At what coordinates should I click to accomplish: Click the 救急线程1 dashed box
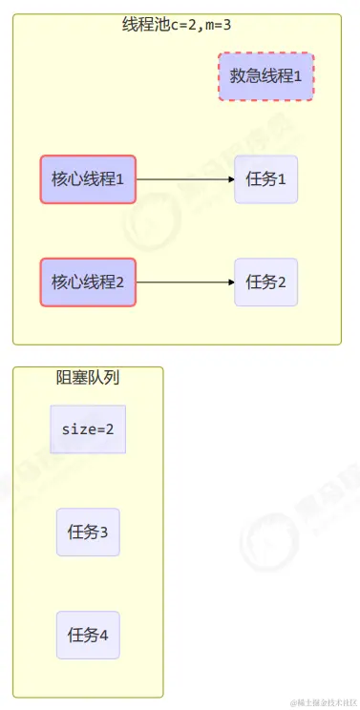tap(265, 76)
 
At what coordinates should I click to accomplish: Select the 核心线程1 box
tap(88, 178)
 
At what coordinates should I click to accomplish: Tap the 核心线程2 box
tap(88, 282)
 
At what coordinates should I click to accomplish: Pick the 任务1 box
tap(266, 178)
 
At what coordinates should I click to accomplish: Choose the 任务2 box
tap(266, 282)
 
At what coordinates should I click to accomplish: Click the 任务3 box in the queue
tap(88, 532)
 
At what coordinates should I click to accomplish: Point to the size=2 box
tap(88, 429)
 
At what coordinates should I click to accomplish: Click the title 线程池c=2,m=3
tap(177, 25)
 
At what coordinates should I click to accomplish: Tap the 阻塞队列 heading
tap(88, 377)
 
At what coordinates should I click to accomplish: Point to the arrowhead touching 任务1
tap(230, 178)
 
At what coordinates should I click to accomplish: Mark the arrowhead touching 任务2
tap(230, 282)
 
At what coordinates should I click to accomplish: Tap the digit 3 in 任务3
tap(104, 533)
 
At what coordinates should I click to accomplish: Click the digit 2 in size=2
tap(110, 429)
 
